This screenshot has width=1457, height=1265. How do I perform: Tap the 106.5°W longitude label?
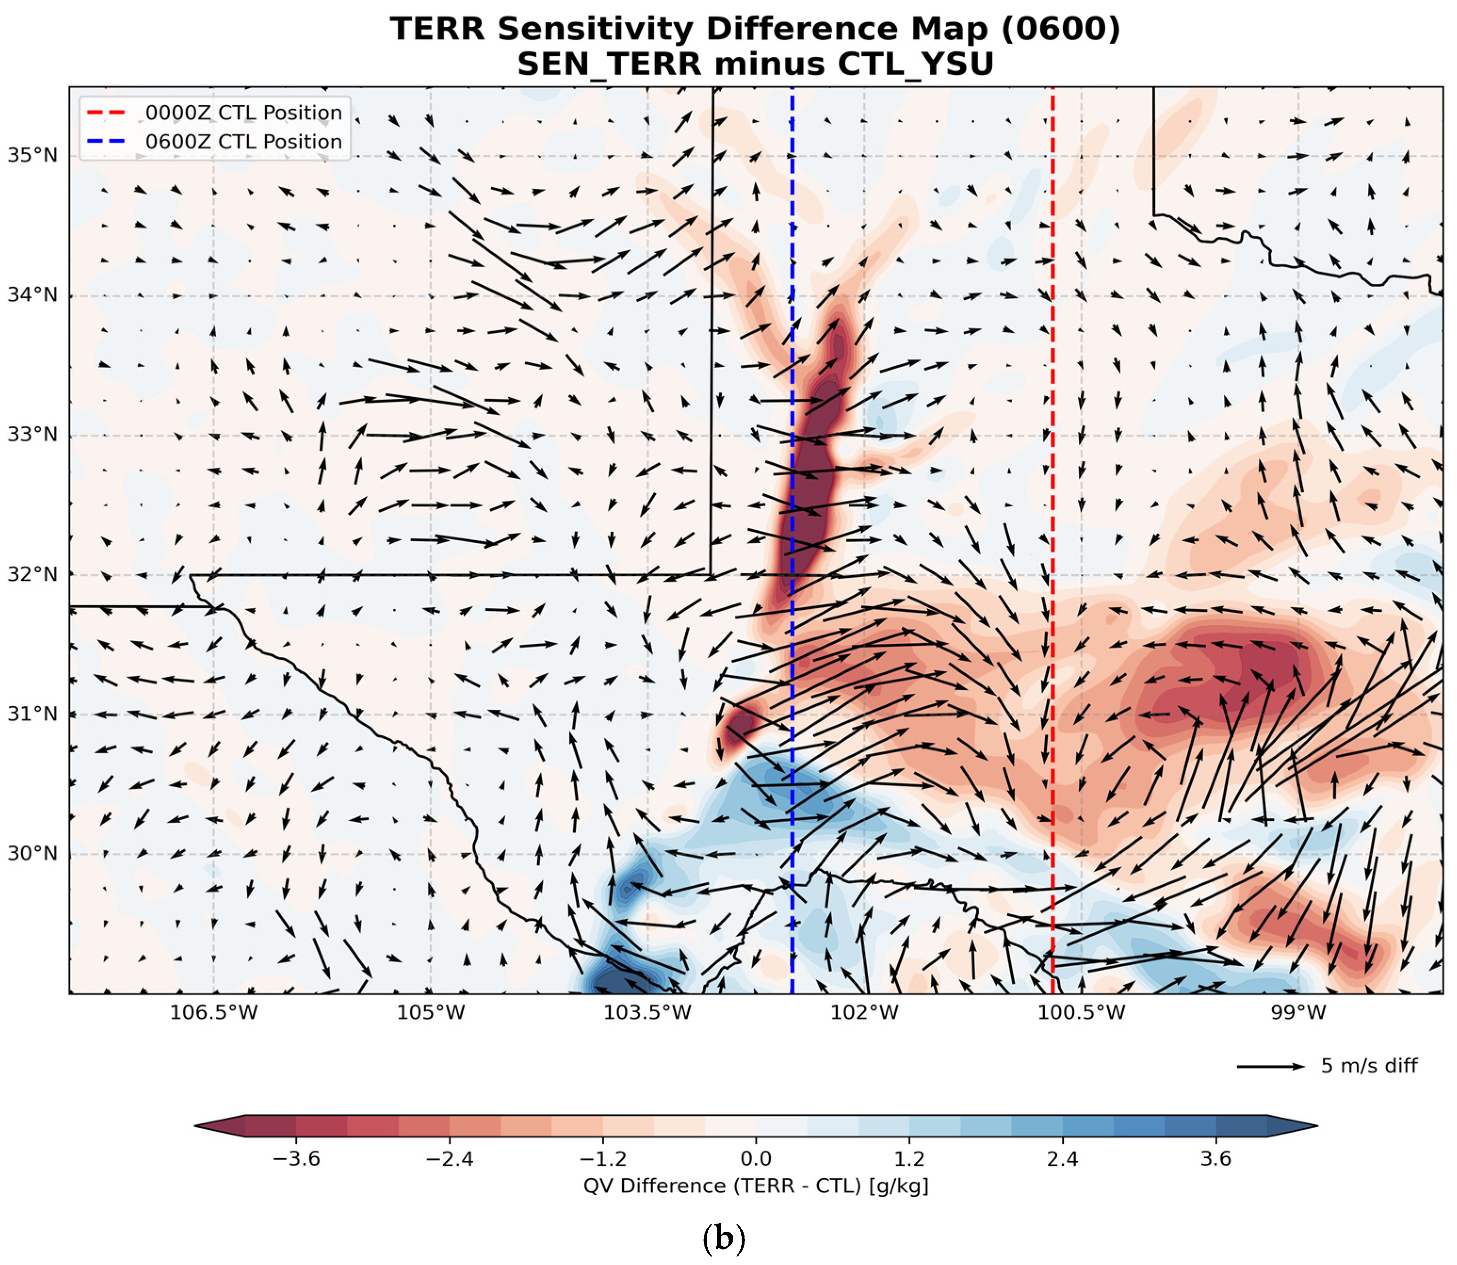coord(214,1013)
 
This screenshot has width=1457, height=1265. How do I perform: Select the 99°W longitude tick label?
coord(1298,1013)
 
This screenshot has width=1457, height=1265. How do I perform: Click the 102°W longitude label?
coord(865,1013)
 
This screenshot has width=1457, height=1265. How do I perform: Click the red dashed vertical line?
coord(1052,540)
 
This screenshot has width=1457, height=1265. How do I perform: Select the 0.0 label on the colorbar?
coord(756,1159)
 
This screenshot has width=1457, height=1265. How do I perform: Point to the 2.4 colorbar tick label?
coord(1062,1159)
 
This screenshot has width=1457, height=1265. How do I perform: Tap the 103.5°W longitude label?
coord(647,1013)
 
